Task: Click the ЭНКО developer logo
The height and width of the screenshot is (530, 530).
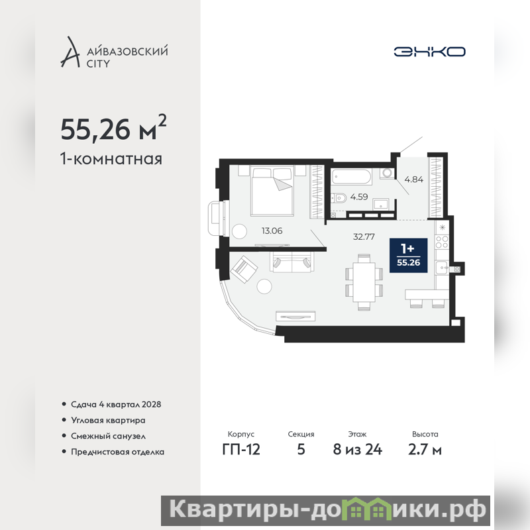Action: [x=429, y=52]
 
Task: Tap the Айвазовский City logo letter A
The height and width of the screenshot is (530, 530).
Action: [x=70, y=52]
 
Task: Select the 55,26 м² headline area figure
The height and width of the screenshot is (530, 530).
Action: [x=113, y=128]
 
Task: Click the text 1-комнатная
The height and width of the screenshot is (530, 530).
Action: [x=111, y=159]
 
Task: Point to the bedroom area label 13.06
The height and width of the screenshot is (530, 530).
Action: [x=272, y=231]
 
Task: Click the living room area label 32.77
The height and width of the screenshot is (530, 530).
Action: [x=364, y=237]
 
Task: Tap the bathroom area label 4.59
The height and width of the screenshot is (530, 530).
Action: [x=359, y=197]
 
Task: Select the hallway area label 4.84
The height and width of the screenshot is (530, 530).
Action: [x=413, y=180]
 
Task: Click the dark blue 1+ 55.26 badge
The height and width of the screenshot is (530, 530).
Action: [x=408, y=255]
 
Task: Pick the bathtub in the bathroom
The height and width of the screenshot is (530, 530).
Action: [x=352, y=177]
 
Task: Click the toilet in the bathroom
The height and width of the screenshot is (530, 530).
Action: [x=339, y=197]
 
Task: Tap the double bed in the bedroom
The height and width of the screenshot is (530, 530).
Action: [x=272, y=191]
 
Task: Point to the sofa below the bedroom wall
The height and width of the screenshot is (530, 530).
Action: [x=291, y=262]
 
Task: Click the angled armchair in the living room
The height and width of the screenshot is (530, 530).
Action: [x=244, y=269]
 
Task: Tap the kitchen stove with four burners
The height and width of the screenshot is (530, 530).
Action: [x=442, y=242]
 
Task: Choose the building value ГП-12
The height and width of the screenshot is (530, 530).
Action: [x=241, y=450]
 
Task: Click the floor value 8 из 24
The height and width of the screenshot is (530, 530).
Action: [x=358, y=450]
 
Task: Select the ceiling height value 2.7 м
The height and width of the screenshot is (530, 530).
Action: [x=425, y=450]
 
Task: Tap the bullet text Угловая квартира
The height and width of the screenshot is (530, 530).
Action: [x=108, y=420]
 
